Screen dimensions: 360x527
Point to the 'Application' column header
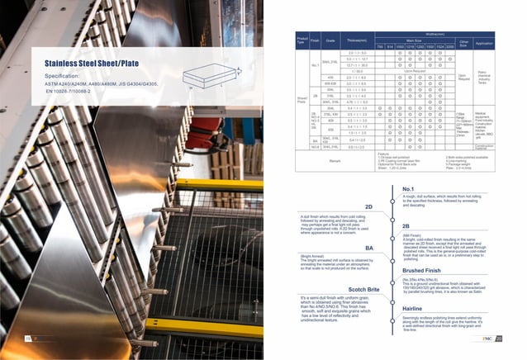pos(484,42)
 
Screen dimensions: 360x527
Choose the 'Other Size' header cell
pos(464,42)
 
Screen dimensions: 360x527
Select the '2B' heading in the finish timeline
pos(406,225)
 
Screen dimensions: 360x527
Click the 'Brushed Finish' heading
pos(420,270)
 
